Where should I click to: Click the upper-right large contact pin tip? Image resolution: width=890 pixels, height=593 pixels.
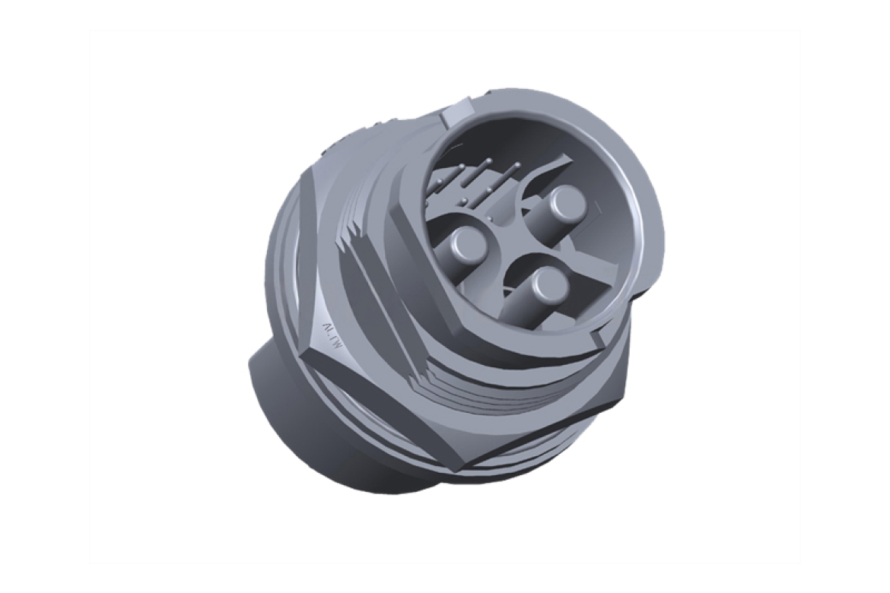point(566,201)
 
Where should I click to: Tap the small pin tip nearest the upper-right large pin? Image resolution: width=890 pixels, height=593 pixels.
point(517,165)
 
